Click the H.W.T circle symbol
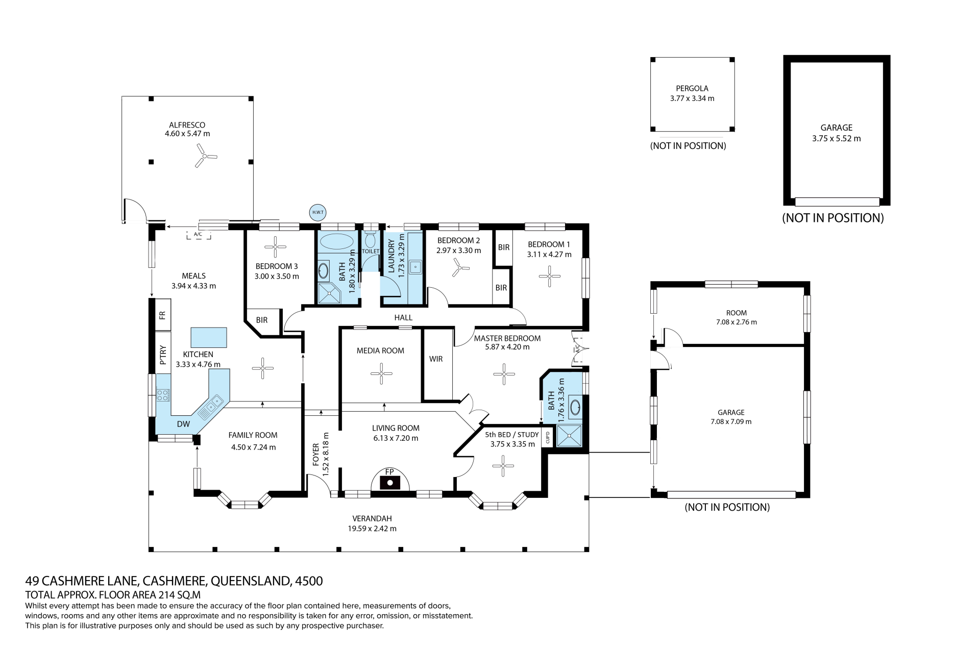pos(317,212)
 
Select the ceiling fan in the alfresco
pos(205,155)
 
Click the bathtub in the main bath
pos(336,241)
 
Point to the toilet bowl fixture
pos(371,239)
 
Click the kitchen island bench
pos(208,337)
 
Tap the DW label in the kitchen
pos(183,424)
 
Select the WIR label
pos(436,359)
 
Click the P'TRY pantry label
pos(163,355)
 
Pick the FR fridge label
pos(162,315)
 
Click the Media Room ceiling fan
pos(381,373)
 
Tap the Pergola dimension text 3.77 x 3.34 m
pos(692,98)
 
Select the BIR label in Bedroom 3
pos(262,320)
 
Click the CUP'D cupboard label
pos(548,438)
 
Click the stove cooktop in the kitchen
pos(163,395)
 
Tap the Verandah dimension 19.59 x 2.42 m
pos(372,529)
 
